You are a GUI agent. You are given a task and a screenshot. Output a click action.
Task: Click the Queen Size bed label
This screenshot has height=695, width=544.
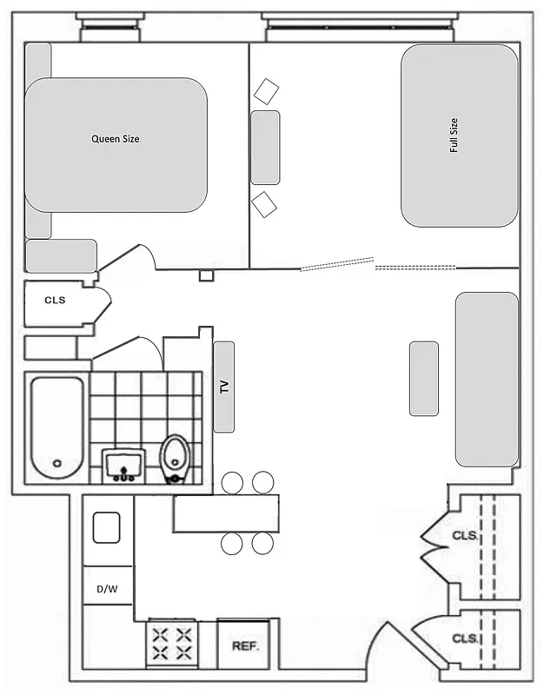pyautogui.click(x=116, y=139)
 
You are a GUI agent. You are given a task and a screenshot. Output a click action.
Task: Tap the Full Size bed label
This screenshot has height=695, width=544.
pyautogui.click(x=454, y=136)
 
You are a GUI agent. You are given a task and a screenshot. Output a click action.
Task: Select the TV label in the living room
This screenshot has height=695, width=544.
pyautogui.click(x=224, y=387)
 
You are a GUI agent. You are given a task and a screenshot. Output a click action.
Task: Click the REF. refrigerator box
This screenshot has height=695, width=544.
pyautogui.click(x=245, y=646)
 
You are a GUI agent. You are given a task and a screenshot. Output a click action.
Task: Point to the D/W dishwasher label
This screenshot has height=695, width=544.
pyautogui.click(x=107, y=589)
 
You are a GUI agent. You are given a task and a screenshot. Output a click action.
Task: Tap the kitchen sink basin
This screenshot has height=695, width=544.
pyautogui.click(x=106, y=527)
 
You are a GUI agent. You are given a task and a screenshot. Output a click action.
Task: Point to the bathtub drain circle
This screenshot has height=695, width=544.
pyautogui.click(x=57, y=464)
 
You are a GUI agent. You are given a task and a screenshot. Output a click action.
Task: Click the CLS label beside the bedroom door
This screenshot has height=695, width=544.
pyautogui.click(x=55, y=301)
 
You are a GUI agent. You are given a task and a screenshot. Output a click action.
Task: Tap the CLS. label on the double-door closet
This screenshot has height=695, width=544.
pyautogui.click(x=464, y=536)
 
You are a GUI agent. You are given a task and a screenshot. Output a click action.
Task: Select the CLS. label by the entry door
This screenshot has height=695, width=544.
pyautogui.click(x=464, y=639)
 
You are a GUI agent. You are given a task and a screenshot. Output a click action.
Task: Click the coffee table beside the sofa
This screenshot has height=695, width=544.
pyautogui.click(x=424, y=378)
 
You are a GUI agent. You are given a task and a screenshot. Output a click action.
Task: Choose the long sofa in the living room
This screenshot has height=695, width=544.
pyautogui.click(x=487, y=379)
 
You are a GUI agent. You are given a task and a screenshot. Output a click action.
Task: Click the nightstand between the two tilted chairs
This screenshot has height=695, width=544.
pyautogui.click(x=265, y=147)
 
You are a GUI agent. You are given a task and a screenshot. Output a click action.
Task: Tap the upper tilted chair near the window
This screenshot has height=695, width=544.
pyautogui.click(x=265, y=90)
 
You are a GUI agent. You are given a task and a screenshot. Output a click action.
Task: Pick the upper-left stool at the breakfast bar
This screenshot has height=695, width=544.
pyautogui.click(x=232, y=482)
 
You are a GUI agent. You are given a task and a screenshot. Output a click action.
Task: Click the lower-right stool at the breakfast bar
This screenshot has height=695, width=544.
pyautogui.click(x=262, y=544)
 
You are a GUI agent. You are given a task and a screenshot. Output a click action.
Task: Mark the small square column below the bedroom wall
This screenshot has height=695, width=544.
pyautogui.click(x=206, y=275)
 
